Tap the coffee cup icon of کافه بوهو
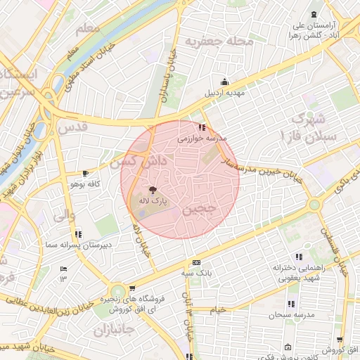(x=86, y=173)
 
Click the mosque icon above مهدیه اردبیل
(x=224, y=81)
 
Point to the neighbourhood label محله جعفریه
(x=219, y=41)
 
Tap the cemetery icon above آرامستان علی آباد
(x=314, y=15)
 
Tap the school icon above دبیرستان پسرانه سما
(x=77, y=233)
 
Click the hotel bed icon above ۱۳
(x=63, y=269)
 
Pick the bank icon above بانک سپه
(x=196, y=262)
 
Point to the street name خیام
(x=219, y=309)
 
